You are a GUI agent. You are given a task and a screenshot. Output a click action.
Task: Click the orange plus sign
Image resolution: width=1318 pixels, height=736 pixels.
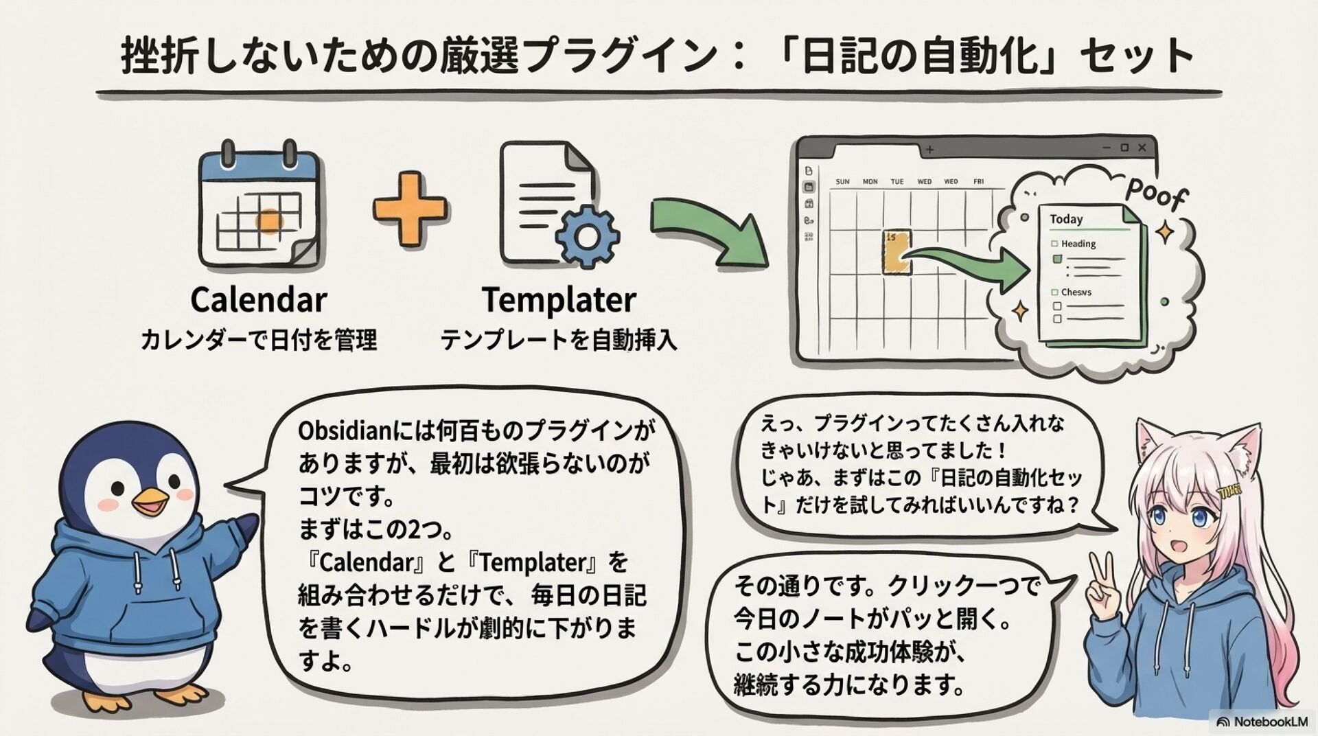pos(410,209)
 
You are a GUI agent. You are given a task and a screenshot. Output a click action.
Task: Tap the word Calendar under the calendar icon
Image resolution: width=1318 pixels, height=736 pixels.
pos(258,300)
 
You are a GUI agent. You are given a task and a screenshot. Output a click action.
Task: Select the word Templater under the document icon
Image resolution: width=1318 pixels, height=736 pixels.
pos(559,300)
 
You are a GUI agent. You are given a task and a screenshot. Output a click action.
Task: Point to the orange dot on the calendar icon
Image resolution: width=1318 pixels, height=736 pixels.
pos(268,220)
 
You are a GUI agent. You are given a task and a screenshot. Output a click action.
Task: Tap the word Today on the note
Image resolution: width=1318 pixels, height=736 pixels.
pos(1065,219)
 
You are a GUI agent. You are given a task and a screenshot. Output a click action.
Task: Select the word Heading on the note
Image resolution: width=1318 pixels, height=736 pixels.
pos(1078,244)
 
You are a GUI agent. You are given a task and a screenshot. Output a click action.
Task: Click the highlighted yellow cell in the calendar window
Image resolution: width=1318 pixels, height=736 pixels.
pos(897,252)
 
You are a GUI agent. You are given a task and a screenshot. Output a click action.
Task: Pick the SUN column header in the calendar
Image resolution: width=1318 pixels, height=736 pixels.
pos(842,182)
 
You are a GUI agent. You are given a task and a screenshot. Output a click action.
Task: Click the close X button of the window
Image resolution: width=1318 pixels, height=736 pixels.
pos(1142,148)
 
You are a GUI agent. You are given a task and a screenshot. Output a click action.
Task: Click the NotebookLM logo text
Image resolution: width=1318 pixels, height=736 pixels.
pos(1270,722)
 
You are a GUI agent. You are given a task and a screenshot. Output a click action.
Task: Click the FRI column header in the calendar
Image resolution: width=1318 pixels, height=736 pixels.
pos(978,182)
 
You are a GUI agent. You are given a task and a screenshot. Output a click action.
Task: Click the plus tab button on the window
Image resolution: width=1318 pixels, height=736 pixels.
pos(930,149)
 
